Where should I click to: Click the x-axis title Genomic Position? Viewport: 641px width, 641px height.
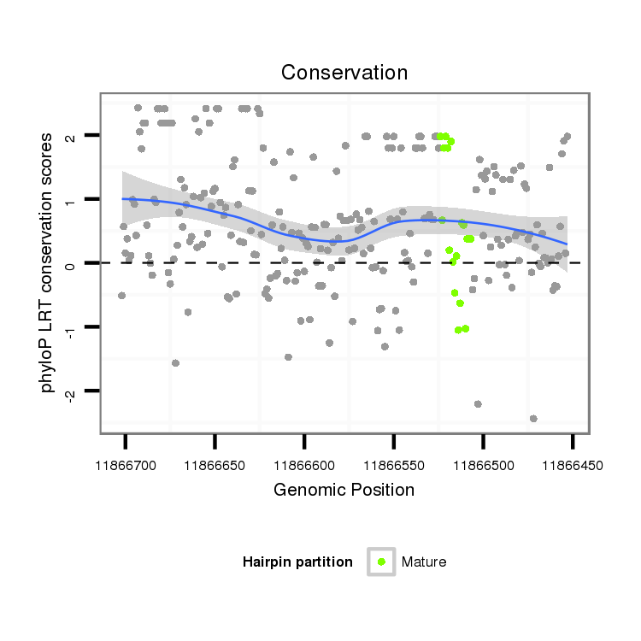(344, 491)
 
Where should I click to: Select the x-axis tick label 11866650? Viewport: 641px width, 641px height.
(215, 466)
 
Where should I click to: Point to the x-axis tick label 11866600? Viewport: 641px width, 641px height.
(304, 466)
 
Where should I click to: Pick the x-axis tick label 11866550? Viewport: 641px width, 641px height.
(393, 466)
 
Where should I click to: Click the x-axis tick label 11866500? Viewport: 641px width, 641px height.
(483, 466)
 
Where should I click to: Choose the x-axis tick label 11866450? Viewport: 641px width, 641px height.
(572, 466)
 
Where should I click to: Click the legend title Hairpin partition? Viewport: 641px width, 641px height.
(297, 562)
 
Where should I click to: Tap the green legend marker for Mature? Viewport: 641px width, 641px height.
(381, 562)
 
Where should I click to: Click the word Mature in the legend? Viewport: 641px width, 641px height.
(424, 562)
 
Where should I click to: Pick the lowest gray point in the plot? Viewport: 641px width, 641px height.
(533, 419)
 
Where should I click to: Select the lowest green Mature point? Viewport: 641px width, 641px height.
(458, 330)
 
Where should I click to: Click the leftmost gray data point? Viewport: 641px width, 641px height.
(121, 296)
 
